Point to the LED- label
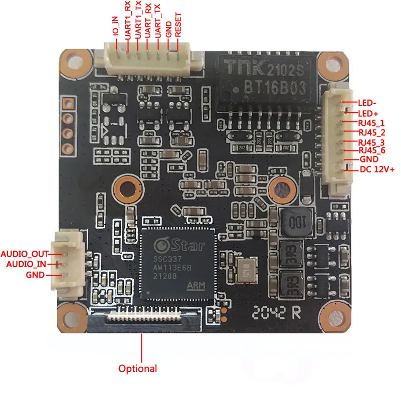(x=367, y=102)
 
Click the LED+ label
(x=367, y=114)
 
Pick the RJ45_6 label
(x=372, y=150)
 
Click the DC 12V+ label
(x=377, y=169)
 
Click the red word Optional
(x=137, y=368)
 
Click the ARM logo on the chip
(x=198, y=286)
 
